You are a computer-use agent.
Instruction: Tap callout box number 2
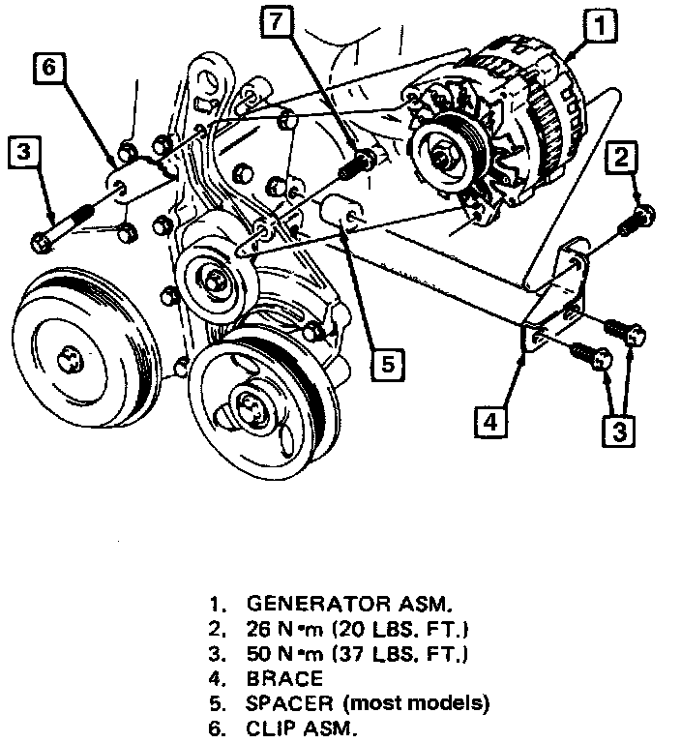[623, 156]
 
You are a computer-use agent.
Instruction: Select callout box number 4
[490, 421]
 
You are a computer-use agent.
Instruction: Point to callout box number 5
[386, 364]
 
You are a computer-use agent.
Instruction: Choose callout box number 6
[51, 68]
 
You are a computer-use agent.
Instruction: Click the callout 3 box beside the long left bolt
[25, 152]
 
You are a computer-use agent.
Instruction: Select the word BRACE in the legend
[284, 679]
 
